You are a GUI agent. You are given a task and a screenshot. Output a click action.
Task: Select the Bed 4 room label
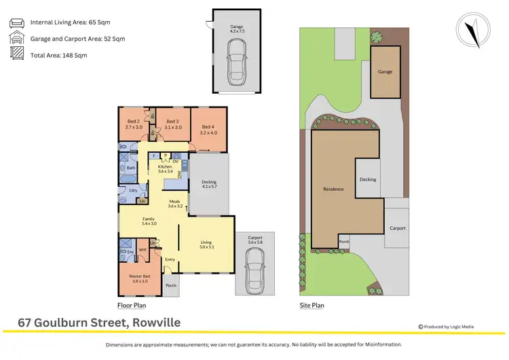(209, 126)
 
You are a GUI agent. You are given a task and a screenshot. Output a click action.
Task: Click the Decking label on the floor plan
(208, 181)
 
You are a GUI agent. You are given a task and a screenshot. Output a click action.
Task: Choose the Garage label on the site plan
(385, 71)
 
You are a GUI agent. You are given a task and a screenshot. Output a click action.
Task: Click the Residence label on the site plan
(333, 190)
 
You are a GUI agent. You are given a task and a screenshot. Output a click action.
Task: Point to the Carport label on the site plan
(397, 228)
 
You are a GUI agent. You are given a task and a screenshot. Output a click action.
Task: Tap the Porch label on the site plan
(344, 241)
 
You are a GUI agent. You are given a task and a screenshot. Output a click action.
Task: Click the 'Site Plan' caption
(312, 306)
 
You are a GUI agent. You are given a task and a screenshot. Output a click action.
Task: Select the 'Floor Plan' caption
(130, 306)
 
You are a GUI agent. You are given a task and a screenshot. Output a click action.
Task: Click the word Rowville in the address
(155, 322)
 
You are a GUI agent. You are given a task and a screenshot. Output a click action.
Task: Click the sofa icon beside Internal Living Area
(16, 22)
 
